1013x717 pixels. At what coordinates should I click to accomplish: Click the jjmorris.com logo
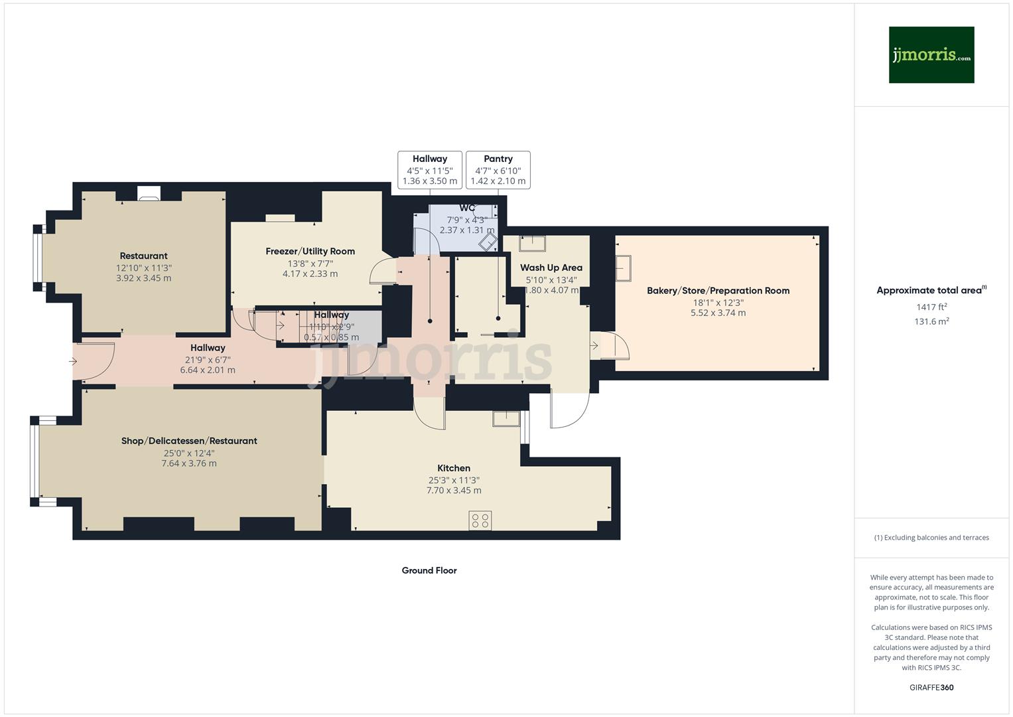click(931, 55)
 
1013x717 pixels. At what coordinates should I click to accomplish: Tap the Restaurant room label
click(143, 256)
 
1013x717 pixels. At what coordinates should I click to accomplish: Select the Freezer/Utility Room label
click(310, 252)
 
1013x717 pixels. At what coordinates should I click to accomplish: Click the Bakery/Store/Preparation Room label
click(718, 291)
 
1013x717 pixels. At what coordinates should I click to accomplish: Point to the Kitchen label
click(454, 468)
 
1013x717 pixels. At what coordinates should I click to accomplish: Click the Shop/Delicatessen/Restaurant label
click(189, 441)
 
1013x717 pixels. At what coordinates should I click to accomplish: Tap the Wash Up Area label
click(551, 268)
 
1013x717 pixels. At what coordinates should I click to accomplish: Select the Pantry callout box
click(498, 170)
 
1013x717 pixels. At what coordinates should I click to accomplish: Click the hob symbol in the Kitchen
click(480, 520)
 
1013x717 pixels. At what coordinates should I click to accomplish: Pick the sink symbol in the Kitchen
click(507, 418)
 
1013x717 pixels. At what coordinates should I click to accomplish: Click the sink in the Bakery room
click(624, 268)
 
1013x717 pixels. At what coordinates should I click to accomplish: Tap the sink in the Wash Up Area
click(532, 244)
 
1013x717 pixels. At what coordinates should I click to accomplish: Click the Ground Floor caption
click(429, 570)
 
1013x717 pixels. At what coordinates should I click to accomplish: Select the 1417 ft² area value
click(931, 307)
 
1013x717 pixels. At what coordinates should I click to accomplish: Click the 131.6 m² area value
click(931, 321)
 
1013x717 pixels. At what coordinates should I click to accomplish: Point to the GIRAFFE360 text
click(931, 687)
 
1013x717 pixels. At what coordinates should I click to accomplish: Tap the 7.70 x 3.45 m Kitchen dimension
click(454, 491)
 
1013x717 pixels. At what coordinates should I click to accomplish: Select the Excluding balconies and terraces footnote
click(931, 538)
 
